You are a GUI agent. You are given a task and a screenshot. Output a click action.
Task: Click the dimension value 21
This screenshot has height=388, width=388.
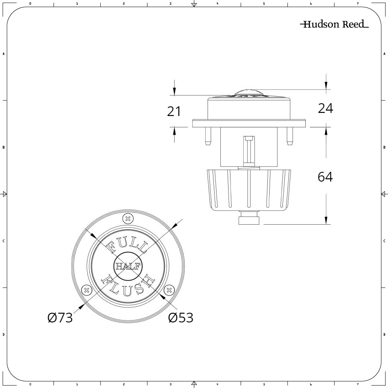tap(174, 111)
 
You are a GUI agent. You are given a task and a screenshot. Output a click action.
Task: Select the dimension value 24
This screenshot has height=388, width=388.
tap(325, 109)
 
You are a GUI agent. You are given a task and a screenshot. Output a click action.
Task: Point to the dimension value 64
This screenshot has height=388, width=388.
tap(325, 177)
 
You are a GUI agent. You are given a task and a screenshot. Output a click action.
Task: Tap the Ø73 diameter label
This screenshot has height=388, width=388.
tap(60, 318)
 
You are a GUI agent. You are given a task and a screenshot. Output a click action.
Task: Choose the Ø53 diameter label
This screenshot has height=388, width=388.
tap(181, 318)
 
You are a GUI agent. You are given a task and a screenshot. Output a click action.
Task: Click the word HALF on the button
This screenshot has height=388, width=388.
tap(128, 267)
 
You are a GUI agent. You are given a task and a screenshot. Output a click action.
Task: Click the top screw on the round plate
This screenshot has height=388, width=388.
tap(127, 218)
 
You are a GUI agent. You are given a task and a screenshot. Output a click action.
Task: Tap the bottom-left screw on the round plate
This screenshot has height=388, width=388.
tap(86, 289)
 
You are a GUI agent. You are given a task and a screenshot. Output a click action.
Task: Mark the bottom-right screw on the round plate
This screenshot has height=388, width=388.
tap(169, 289)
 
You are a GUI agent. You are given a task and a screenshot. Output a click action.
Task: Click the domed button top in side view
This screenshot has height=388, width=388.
tap(249, 93)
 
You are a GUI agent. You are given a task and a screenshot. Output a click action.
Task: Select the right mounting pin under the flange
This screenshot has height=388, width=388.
tap(289, 137)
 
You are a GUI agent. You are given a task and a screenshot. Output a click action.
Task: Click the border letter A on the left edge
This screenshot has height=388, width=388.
tap(3, 54)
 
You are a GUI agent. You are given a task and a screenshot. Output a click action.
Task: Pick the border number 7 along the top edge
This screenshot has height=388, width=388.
tap(357, 3)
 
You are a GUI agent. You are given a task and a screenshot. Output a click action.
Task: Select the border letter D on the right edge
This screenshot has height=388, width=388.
tap(384, 334)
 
